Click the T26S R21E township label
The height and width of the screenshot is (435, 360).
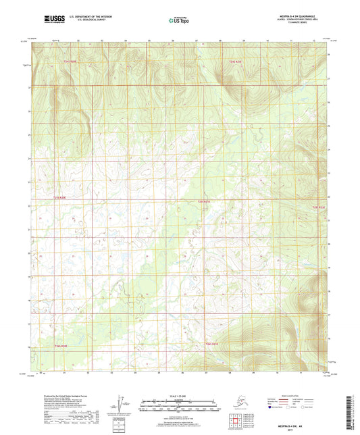[211, 344]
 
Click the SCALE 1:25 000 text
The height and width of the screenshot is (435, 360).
[180, 395]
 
